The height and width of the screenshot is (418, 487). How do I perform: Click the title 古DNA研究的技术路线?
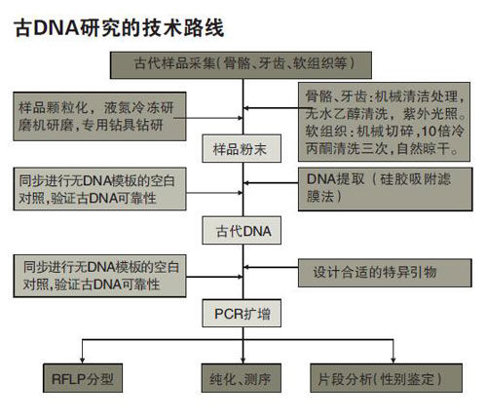[119, 28]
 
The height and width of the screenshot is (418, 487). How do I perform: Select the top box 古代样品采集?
[241, 65]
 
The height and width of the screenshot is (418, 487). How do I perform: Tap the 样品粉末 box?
[242, 148]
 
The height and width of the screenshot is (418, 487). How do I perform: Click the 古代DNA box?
[242, 230]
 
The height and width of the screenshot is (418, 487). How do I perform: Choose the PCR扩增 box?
[242, 313]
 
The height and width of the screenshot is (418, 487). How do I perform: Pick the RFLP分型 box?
[83, 378]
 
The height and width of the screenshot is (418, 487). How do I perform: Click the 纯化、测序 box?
[242, 378]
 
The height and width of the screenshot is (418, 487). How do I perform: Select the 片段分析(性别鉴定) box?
[386, 378]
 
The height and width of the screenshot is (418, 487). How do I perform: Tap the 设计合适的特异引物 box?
[385, 273]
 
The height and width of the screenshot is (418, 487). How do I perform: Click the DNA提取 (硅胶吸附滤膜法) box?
[386, 189]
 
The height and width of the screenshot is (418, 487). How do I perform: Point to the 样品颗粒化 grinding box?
[99, 116]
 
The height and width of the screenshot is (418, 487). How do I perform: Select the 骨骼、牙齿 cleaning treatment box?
[384, 122]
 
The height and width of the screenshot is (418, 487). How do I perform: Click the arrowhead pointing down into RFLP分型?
[82, 361]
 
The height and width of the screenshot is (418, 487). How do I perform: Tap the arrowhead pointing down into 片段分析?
[393, 361]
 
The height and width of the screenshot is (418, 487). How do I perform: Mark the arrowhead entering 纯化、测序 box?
[243, 361]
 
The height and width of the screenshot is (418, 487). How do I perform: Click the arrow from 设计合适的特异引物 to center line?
[271, 267]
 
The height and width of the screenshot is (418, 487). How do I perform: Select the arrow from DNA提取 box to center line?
[271, 183]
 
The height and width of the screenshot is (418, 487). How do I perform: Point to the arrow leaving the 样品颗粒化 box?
[208, 118]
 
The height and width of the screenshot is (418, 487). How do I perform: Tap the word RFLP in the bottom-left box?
[68, 379]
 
